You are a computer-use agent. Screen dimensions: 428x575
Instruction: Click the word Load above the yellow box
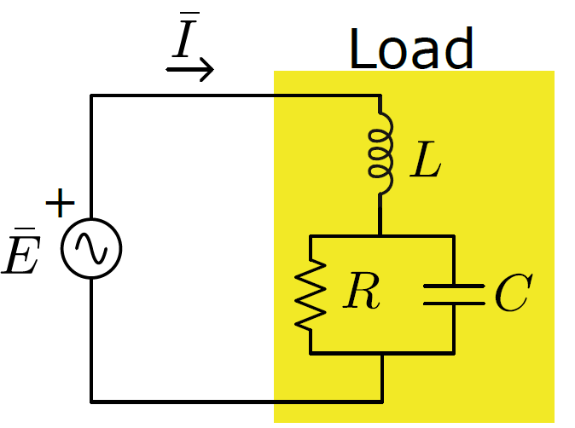point(411,49)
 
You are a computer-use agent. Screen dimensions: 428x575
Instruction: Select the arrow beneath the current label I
point(189,69)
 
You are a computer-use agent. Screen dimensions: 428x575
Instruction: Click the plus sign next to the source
point(60,205)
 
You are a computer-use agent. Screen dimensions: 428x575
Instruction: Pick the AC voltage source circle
point(91,248)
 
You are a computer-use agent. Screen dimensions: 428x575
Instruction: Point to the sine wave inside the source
point(91,248)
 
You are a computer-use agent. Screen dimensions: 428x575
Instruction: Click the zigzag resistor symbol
point(311,294)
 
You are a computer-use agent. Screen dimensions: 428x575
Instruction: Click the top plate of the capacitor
point(453,285)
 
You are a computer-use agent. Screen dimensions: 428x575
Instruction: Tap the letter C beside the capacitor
point(513,294)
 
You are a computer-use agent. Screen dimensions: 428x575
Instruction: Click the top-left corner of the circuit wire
point(91,95)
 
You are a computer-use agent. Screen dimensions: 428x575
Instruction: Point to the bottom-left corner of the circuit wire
point(91,400)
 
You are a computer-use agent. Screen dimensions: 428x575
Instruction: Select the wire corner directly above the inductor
point(380,95)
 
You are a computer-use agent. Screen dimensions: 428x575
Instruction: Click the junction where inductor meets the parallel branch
point(380,235)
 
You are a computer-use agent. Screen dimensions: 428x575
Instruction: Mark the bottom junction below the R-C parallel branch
point(380,352)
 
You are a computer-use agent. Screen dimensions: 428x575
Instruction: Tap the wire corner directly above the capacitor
point(453,235)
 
